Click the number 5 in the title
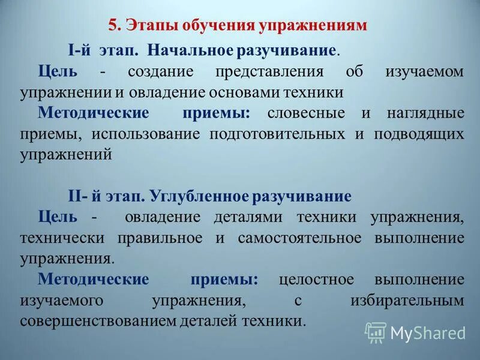[x=112, y=26]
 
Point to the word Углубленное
[x=197, y=196]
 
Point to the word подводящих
[x=418, y=133]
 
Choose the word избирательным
[x=407, y=299]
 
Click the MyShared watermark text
[x=428, y=332]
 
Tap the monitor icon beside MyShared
[x=376, y=332]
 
